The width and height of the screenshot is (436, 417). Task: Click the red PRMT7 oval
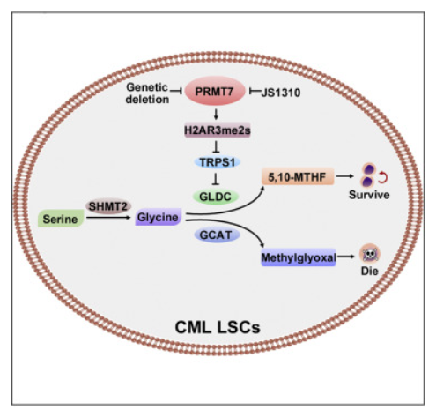tap(216, 91)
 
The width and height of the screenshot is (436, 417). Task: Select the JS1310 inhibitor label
tap(281, 93)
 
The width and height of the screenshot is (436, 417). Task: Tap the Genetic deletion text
tap(147, 93)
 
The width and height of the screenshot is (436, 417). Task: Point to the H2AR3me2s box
tap(218, 130)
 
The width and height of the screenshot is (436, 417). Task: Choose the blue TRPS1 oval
tap(218, 162)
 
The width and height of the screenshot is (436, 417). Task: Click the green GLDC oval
tap(215, 197)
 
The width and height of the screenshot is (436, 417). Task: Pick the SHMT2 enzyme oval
tap(108, 206)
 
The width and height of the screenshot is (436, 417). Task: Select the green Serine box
tap(61, 219)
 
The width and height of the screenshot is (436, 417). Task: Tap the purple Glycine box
tap(158, 217)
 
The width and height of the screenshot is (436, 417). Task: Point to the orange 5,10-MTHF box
tap(298, 177)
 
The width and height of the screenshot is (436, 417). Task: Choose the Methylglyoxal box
tap(299, 257)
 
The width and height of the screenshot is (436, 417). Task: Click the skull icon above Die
tap(370, 254)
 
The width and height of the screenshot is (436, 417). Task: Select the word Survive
tap(369, 195)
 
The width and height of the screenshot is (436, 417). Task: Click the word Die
tap(369, 271)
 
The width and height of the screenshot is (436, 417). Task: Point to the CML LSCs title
tap(218, 327)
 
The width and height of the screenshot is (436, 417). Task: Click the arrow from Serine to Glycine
tap(108, 218)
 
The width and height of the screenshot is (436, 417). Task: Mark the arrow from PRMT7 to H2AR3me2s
tap(216, 114)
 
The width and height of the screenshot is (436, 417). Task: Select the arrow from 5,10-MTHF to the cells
tap(344, 176)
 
